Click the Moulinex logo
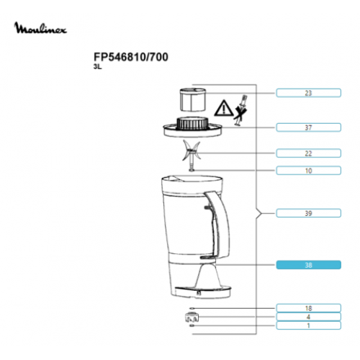click(x=40, y=28)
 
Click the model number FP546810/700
click(x=131, y=57)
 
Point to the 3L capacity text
click(x=98, y=67)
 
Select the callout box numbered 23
click(x=308, y=93)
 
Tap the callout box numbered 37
click(x=308, y=127)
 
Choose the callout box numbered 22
click(x=308, y=153)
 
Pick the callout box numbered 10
click(x=308, y=171)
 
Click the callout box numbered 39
click(x=308, y=213)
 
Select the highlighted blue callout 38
click(x=308, y=265)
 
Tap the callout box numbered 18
click(x=308, y=308)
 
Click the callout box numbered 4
click(x=308, y=317)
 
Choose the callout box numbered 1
click(x=308, y=325)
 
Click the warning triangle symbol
click(x=223, y=108)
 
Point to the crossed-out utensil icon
click(x=241, y=110)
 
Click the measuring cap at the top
click(x=192, y=99)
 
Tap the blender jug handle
click(x=217, y=225)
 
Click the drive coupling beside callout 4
click(x=192, y=318)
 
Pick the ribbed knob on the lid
click(x=192, y=124)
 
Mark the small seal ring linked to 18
click(x=192, y=308)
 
